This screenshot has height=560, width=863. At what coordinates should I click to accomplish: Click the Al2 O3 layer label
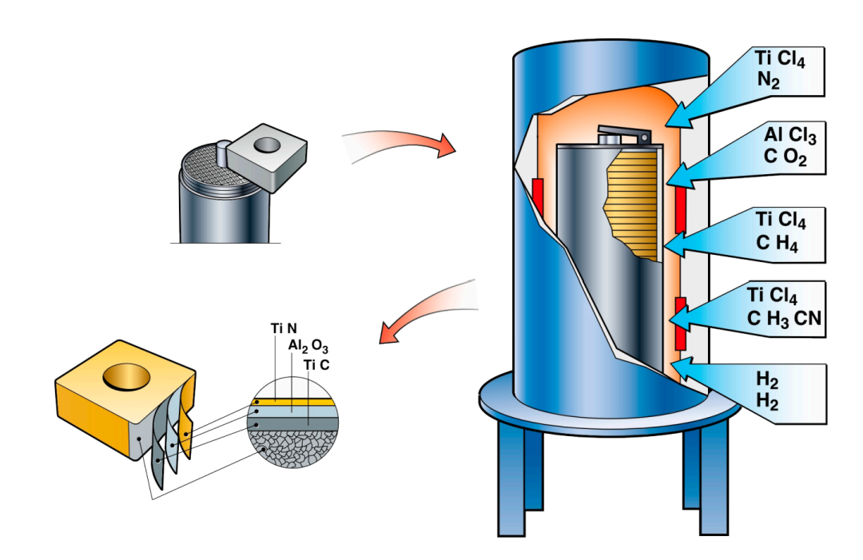(x=308, y=346)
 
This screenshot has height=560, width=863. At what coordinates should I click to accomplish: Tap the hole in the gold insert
(x=125, y=375)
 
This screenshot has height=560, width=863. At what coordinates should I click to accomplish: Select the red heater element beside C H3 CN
(x=680, y=323)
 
